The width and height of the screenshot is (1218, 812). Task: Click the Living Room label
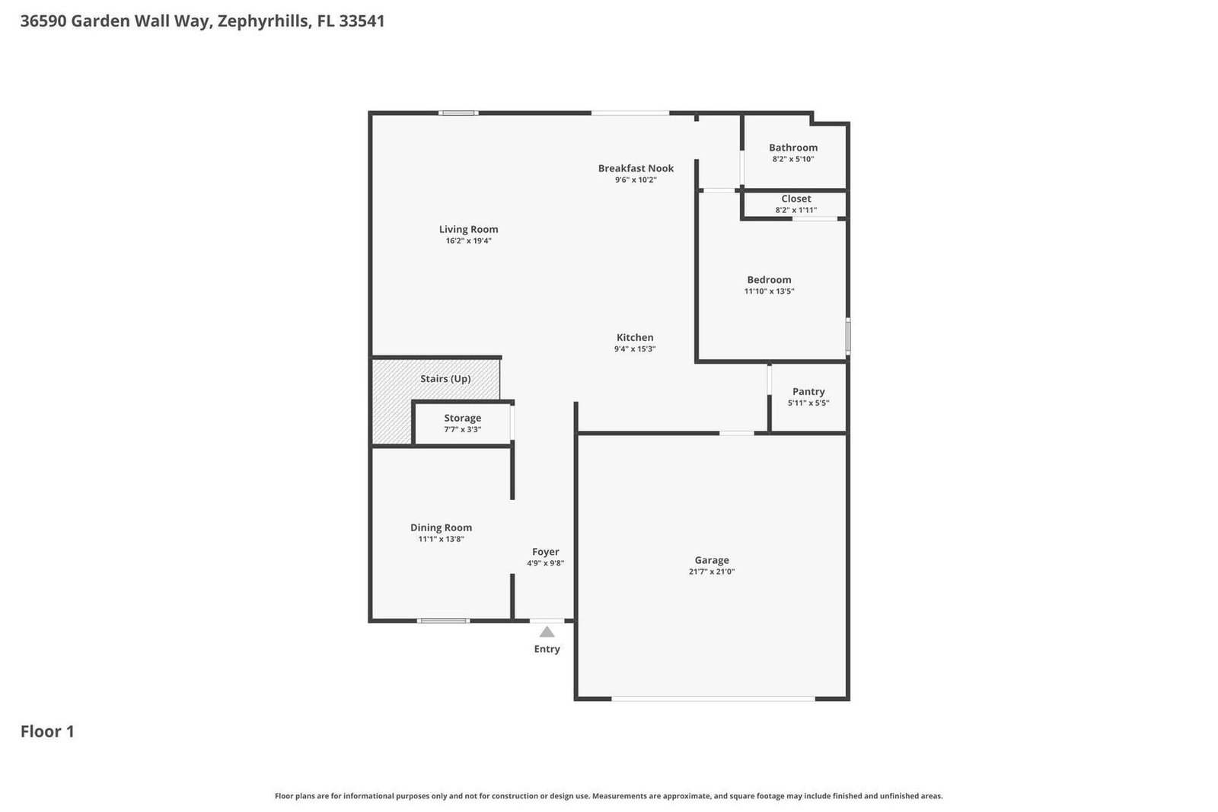tap(468, 229)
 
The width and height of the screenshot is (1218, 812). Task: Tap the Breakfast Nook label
tap(636, 168)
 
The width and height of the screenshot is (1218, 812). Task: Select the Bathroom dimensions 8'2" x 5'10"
tap(792, 159)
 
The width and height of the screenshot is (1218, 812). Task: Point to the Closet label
tap(796, 199)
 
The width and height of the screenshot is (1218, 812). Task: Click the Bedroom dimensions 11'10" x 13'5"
tap(769, 291)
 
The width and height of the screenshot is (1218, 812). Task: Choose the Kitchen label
tap(635, 338)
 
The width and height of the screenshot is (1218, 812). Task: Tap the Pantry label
tap(808, 391)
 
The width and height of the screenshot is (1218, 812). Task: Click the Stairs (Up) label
tap(445, 379)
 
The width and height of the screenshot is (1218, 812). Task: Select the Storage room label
tap(462, 418)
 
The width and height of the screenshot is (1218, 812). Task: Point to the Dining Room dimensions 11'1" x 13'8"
tap(441, 539)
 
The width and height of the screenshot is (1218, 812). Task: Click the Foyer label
tap(545, 552)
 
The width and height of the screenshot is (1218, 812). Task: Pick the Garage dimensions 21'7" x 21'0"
tap(711, 572)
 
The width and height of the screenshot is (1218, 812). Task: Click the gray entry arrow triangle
tap(547, 632)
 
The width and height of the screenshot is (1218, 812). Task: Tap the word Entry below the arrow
tap(547, 649)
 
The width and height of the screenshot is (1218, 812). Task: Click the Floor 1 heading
tap(47, 731)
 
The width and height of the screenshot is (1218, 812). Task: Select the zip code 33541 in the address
tap(362, 21)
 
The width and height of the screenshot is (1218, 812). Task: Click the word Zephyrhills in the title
tap(263, 22)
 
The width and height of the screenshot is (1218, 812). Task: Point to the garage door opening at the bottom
tap(713, 699)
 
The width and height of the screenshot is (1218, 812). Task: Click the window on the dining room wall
tap(443, 621)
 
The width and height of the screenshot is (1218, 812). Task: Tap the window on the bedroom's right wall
tap(848, 336)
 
